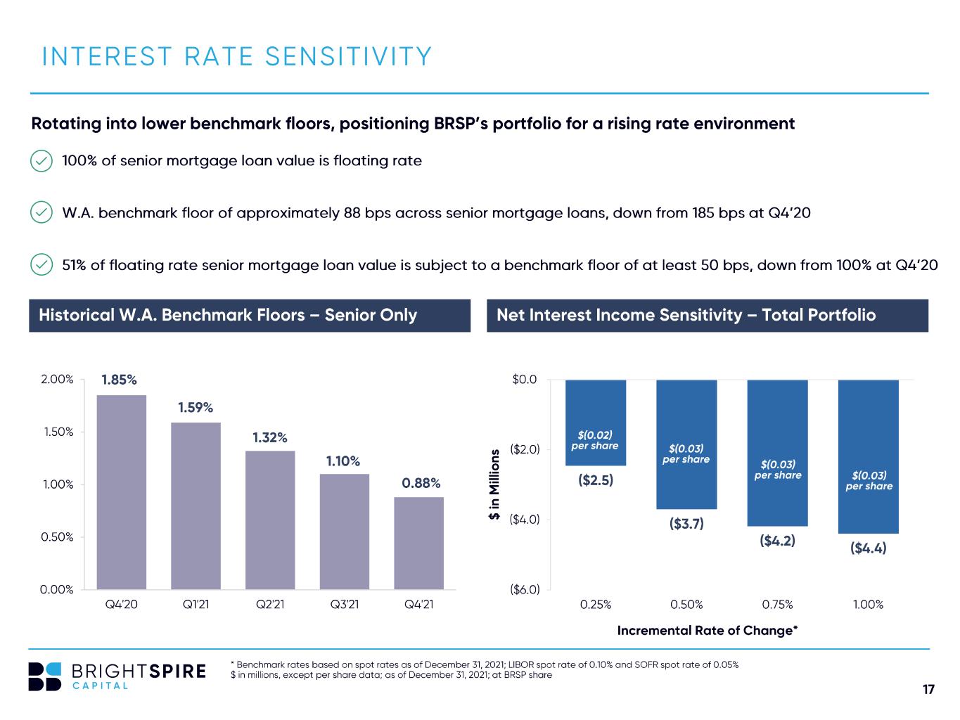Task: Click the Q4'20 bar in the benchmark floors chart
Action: click(x=121, y=491)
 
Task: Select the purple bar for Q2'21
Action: click(x=270, y=520)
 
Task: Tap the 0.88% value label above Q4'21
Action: click(x=421, y=482)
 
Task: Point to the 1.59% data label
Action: click(x=195, y=407)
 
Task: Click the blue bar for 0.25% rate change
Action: click(x=595, y=423)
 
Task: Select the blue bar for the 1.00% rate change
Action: click(x=868, y=456)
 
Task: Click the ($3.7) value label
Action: click(x=686, y=523)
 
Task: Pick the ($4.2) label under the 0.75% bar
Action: click(x=777, y=541)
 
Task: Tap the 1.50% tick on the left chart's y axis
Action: click(x=58, y=432)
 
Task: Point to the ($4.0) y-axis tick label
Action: click(x=525, y=520)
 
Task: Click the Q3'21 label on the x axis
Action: click(x=344, y=604)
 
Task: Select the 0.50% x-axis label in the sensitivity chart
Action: click(x=686, y=605)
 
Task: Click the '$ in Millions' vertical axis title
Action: click(x=494, y=484)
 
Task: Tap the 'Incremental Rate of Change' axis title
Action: click(x=708, y=631)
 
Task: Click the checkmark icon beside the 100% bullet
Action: click(x=41, y=161)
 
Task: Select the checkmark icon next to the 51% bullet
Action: click(x=41, y=264)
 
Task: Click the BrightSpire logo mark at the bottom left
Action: click(x=44, y=676)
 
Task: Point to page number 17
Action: click(x=928, y=689)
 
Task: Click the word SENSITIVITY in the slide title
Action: click(x=349, y=57)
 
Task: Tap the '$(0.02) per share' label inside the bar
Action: click(x=595, y=440)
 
